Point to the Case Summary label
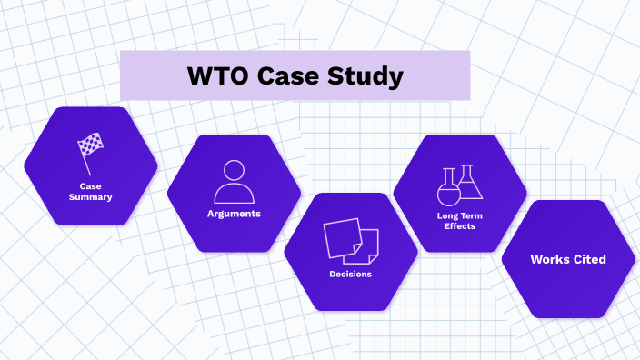tap(90, 191)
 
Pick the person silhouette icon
tap(234, 182)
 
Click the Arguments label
tap(234, 214)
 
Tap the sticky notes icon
tap(350, 241)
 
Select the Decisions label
tap(350, 274)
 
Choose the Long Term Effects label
tap(459, 220)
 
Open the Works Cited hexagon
tap(568, 259)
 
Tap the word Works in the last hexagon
tap(549, 259)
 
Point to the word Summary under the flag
tap(90, 196)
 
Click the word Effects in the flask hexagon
tap(459, 225)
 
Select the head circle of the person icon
tap(234, 170)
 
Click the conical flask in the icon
tap(469, 184)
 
